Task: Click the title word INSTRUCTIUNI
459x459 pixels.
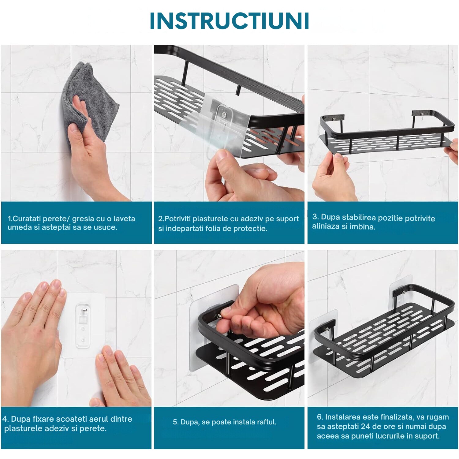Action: tap(229, 21)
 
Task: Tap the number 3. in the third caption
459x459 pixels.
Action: tap(315, 217)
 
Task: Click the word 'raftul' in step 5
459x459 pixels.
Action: tap(267, 422)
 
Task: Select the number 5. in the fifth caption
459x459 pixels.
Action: tap(176, 422)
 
